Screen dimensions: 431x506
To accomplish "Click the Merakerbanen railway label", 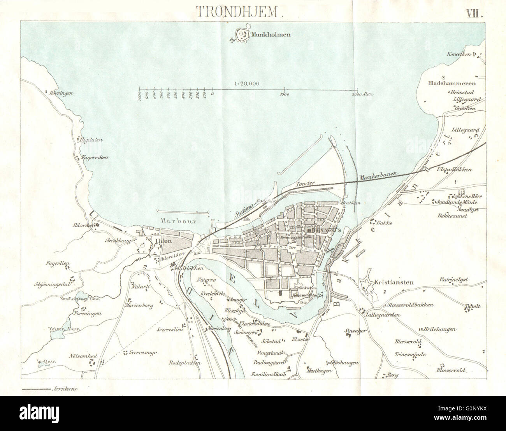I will pos(378,176).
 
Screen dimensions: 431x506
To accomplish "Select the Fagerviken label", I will pos(95,158).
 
